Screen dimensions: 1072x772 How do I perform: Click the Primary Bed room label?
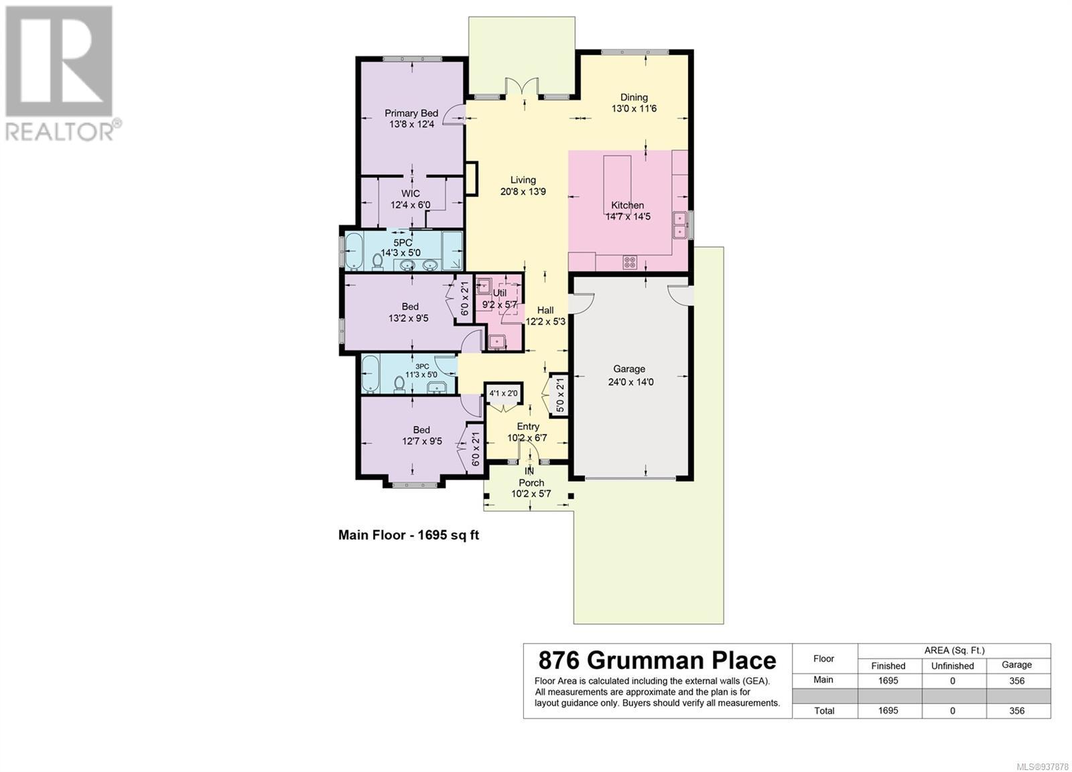click(411, 113)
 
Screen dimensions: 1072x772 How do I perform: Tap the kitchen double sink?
click(679, 225)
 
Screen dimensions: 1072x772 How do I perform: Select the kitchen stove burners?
click(630, 262)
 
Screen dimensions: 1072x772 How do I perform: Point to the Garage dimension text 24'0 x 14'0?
click(630, 382)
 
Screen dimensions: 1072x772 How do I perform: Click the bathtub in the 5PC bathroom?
click(354, 251)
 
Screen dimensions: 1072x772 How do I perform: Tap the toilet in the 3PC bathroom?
click(399, 384)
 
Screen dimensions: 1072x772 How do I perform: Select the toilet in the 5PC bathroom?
click(378, 262)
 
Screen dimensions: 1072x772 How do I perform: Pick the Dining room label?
click(634, 98)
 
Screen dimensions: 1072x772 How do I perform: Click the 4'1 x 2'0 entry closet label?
click(503, 394)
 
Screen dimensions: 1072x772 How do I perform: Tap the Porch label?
click(531, 483)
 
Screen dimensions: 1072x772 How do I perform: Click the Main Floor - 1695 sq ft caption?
click(409, 535)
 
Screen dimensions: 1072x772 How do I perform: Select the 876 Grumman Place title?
click(657, 661)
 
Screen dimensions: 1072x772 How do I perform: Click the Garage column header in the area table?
click(1016, 665)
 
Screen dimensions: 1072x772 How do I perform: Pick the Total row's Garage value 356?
click(1016, 711)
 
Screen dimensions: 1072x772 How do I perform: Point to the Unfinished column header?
click(952, 666)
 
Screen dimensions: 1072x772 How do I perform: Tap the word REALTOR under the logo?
click(60, 133)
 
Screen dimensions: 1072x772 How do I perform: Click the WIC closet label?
click(410, 194)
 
